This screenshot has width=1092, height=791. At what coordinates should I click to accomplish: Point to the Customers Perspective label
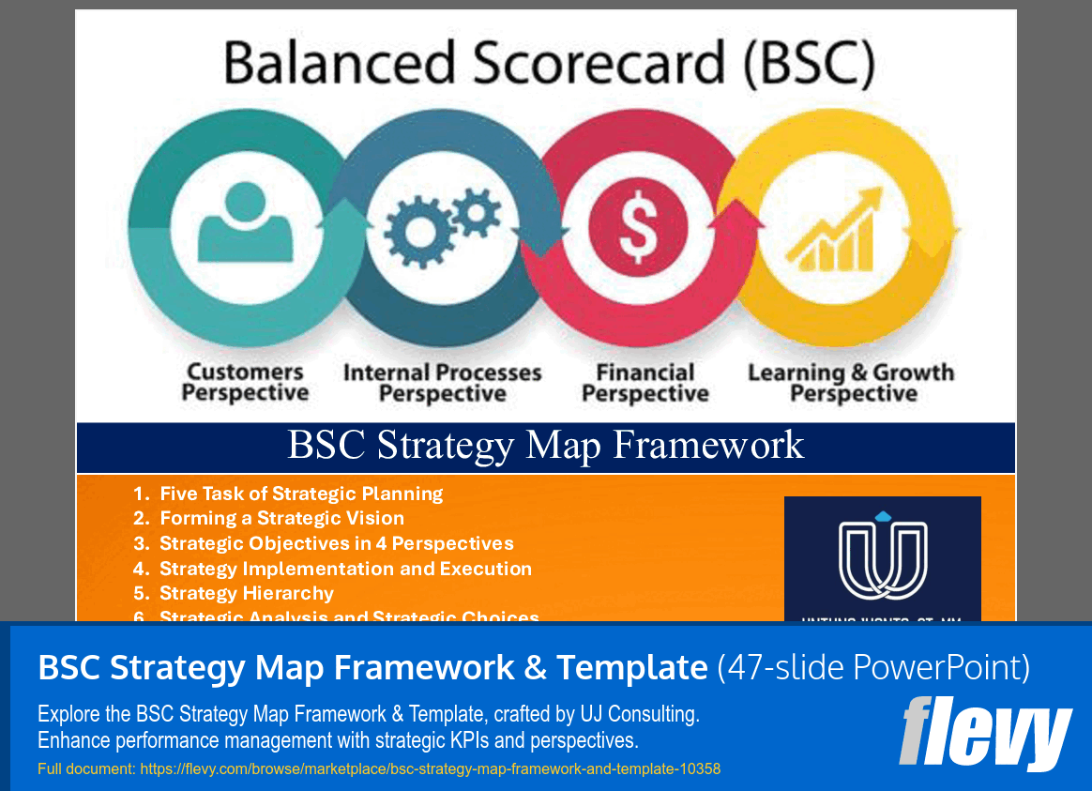245,383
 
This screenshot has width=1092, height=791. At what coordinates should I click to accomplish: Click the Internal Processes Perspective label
443,383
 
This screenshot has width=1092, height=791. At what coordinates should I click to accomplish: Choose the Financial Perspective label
645,383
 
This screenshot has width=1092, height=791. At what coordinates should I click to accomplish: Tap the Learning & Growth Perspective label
851,383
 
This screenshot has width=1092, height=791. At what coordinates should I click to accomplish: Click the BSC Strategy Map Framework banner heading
546,445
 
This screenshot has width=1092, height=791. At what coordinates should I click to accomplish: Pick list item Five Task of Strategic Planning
301,494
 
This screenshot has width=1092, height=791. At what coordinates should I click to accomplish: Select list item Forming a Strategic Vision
281,518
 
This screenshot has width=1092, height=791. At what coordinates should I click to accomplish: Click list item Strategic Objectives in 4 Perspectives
336,543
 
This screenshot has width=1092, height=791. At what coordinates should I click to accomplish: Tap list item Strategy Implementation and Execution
345,569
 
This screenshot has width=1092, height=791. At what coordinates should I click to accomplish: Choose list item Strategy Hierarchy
247,593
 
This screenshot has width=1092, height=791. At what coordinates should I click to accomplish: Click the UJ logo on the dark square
882,555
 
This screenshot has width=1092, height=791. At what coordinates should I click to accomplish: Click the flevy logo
985,733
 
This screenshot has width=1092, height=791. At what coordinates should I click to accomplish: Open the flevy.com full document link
430,768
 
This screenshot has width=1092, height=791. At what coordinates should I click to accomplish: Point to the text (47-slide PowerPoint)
873,667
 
